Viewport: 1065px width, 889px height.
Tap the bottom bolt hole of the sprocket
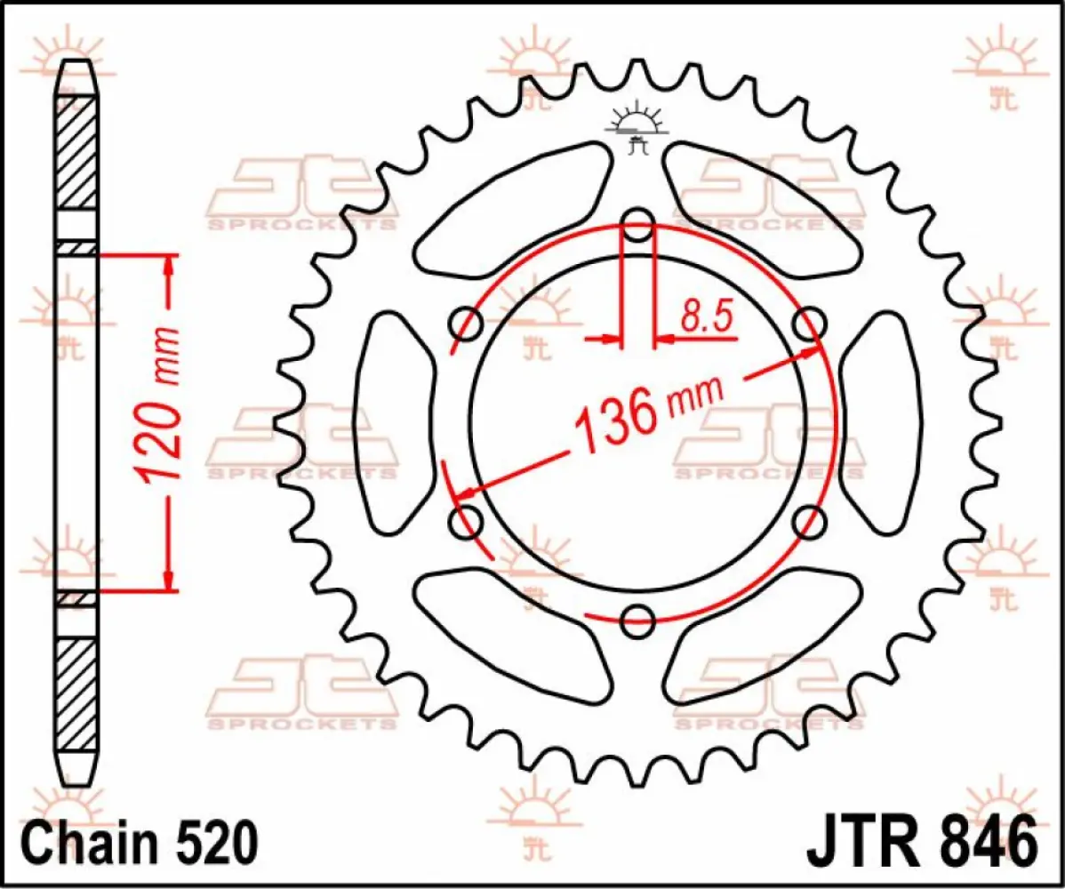637,621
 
